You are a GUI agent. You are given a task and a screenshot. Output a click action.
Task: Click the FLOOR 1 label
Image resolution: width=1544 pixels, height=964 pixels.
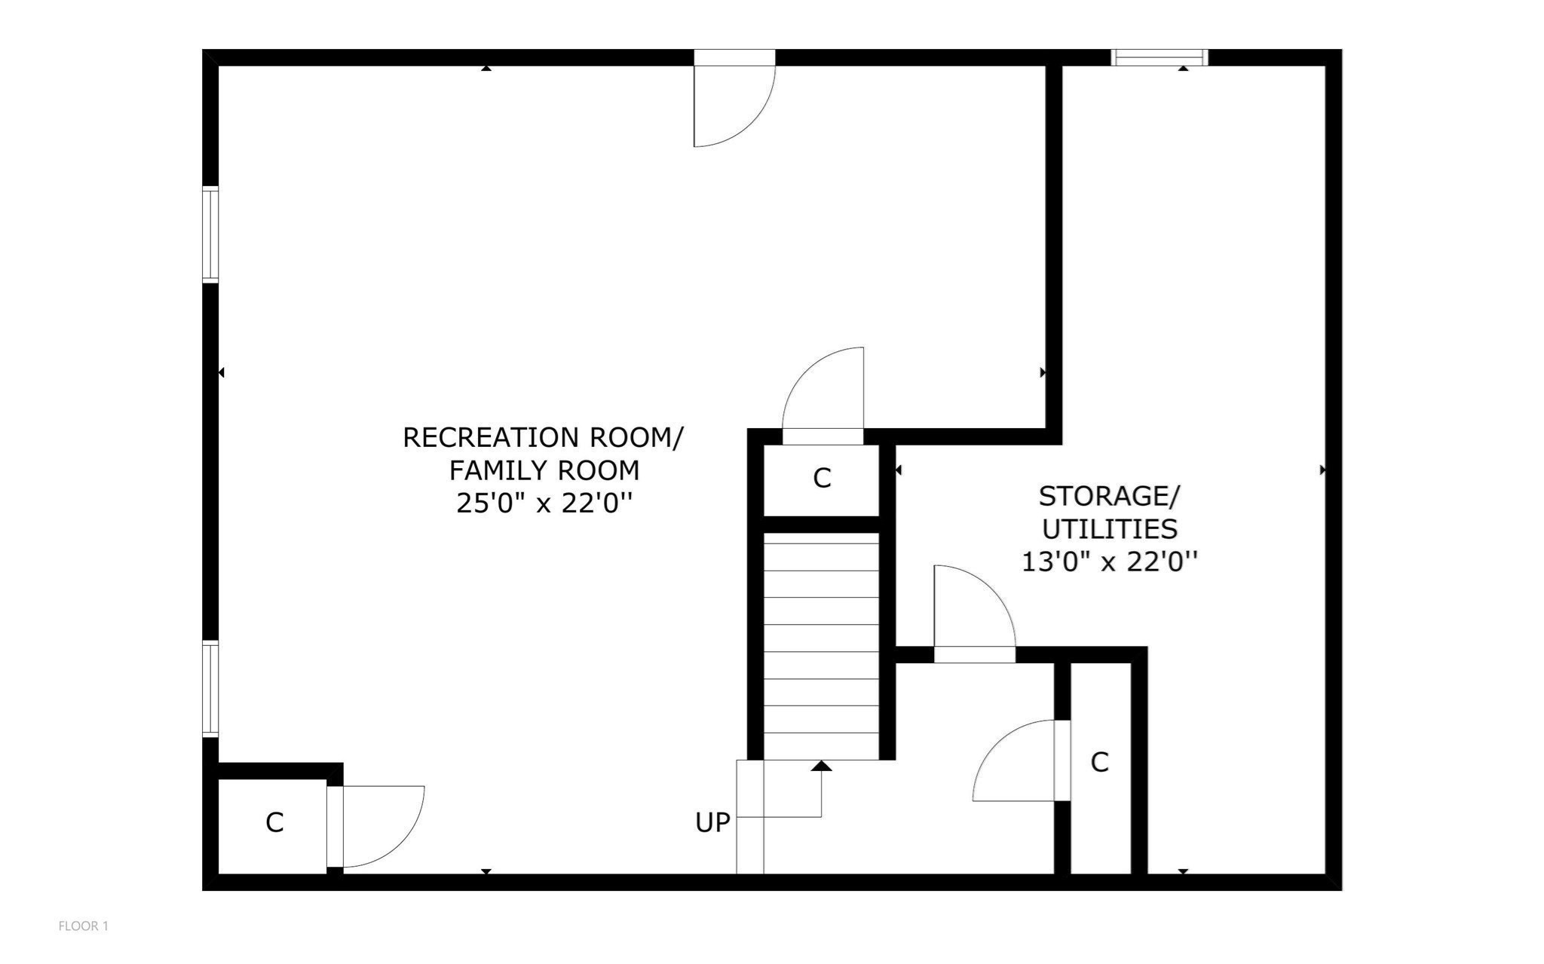[83, 926]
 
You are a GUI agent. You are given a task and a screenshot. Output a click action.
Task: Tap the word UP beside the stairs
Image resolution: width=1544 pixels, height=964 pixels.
[712, 823]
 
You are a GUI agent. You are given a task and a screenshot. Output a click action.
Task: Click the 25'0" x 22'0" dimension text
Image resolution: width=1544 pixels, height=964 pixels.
[543, 503]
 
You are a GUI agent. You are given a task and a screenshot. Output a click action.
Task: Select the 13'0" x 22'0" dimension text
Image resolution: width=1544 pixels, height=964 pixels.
[1109, 562]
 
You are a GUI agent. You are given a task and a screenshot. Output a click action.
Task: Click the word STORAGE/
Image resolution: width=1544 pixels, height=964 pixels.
[1109, 497]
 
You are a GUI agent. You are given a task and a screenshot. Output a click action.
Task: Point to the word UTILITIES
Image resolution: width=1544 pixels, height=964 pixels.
[1109, 529]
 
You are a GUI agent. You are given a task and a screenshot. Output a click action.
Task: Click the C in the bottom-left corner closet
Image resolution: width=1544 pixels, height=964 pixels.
[274, 823]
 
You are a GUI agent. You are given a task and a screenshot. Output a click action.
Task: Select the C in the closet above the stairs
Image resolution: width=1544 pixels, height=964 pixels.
[822, 479]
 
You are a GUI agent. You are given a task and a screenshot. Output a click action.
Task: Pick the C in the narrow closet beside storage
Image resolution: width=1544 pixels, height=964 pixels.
[1099, 763]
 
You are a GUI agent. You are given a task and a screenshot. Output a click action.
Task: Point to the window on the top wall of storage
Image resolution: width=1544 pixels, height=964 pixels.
[1159, 57]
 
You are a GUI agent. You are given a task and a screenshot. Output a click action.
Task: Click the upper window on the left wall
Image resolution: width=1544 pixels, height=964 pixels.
[210, 234]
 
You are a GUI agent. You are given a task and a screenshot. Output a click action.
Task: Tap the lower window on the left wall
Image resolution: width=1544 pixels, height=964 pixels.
[210, 688]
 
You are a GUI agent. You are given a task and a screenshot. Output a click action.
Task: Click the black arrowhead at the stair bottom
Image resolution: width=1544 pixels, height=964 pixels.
[822, 766]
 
